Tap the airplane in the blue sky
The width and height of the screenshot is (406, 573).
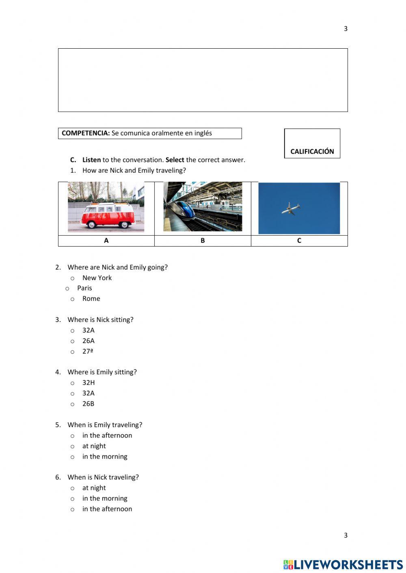tap(291, 208)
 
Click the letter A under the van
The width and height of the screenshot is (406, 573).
tap(106, 240)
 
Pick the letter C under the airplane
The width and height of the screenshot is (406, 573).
tap(299, 240)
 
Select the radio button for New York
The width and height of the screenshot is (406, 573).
tap(73, 278)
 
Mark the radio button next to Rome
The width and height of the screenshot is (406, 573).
tap(73, 299)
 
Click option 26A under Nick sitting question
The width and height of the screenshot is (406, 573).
tap(73, 341)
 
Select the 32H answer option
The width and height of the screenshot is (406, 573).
tap(73, 383)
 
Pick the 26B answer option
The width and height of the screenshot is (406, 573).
tap(73, 404)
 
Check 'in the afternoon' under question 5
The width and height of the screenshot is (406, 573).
tap(73, 436)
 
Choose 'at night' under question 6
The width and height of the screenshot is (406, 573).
tap(73, 488)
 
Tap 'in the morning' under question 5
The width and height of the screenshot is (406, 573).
tap(73, 457)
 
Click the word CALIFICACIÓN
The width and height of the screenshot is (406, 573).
tap(312, 151)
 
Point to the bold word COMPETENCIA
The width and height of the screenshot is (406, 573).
tap(86, 133)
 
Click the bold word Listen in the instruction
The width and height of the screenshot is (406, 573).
tap(91, 160)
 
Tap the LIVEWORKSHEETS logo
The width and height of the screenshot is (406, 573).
tap(343, 564)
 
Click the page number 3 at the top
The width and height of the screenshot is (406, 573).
tap(346, 28)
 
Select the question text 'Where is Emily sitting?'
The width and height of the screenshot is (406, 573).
tap(102, 372)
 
